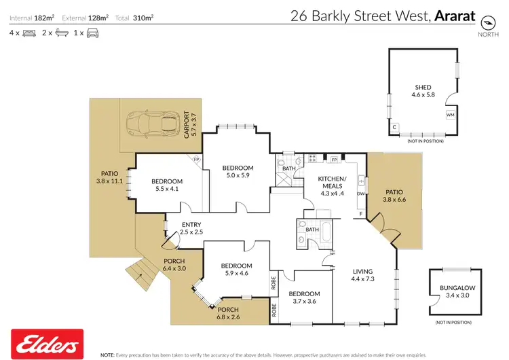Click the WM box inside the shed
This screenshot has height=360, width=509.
click(450, 115)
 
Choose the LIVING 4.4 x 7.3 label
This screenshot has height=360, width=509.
click(363, 275)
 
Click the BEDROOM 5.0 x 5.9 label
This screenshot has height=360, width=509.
click(238, 172)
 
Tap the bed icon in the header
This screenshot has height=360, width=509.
click(29, 33)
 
